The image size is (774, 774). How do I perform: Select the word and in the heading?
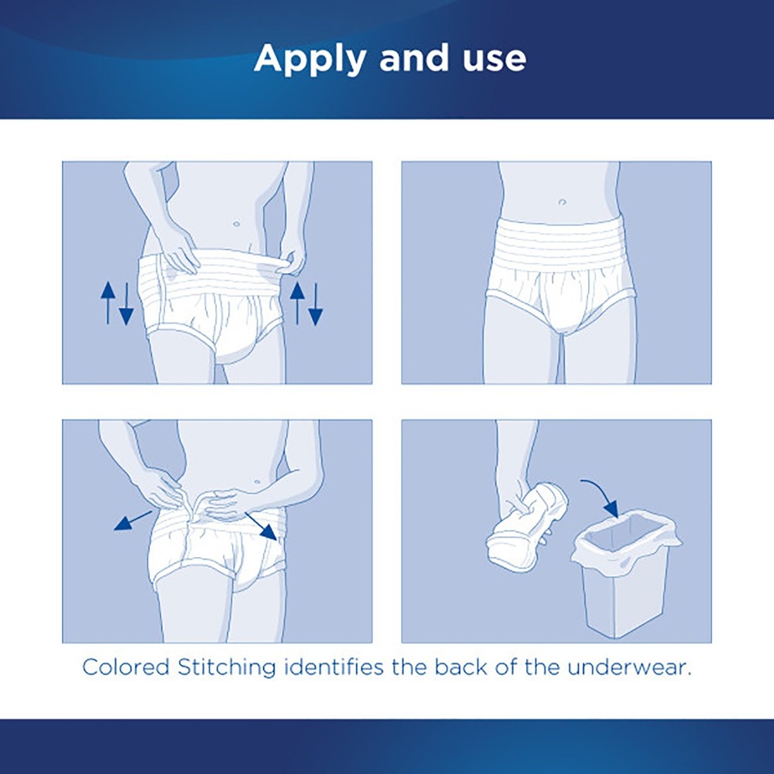406,59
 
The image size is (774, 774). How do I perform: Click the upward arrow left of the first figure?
108,302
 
